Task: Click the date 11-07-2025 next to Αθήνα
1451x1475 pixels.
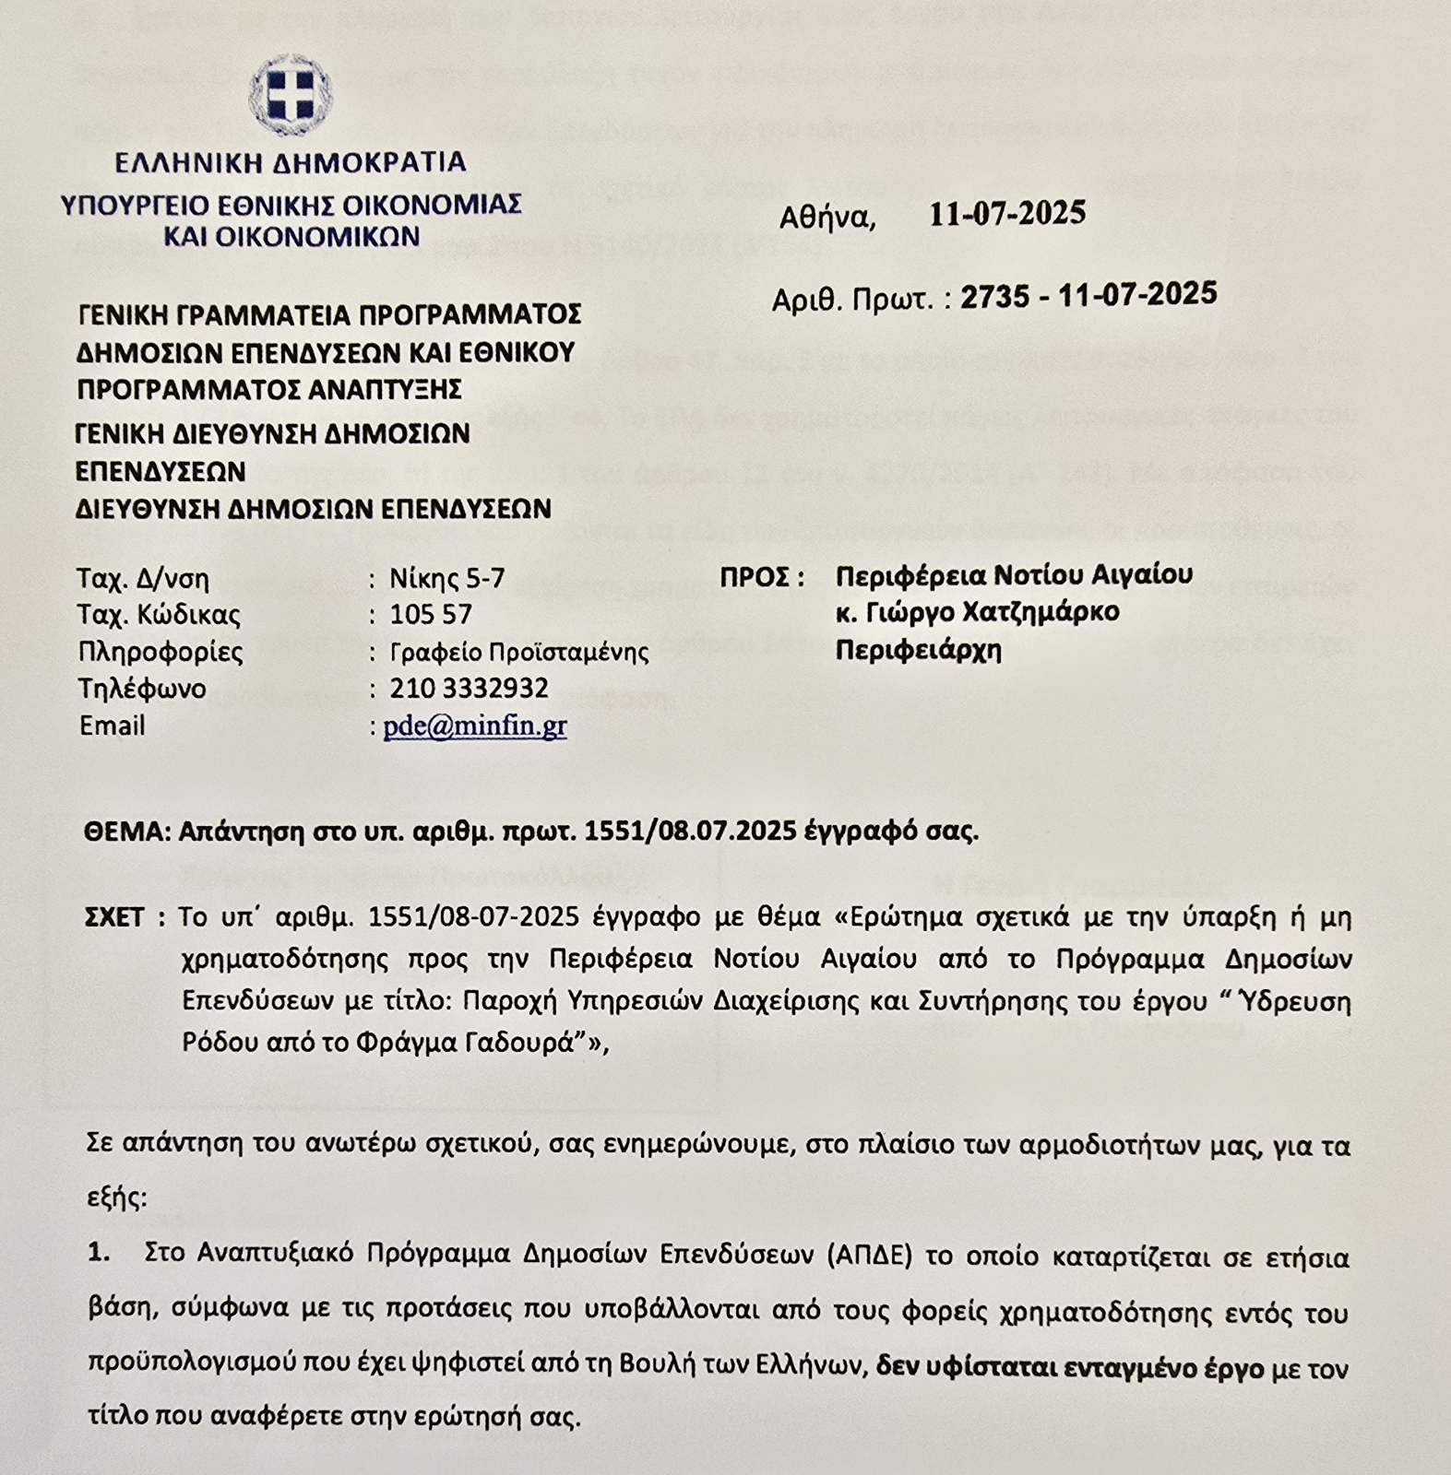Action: pyautogui.click(x=1007, y=214)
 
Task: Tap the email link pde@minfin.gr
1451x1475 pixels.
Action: pyautogui.click(x=475, y=726)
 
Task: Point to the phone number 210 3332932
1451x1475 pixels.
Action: pyautogui.click(x=469, y=689)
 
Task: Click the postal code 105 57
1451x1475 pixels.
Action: pyautogui.click(x=431, y=615)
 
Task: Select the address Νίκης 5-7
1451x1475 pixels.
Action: pyautogui.click(x=447, y=579)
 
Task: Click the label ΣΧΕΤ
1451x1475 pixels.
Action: pyautogui.click(x=115, y=918)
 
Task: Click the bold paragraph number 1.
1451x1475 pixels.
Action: pyautogui.click(x=99, y=1253)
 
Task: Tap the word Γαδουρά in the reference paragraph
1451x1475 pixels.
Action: pyautogui.click(x=526, y=1043)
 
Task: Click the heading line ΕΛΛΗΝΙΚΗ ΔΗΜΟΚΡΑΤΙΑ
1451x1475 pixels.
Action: pyautogui.click(x=291, y=163)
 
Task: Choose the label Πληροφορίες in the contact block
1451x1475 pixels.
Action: pyautogui.click(x=161, y=653)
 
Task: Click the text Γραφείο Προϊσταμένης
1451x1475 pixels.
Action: pyautogui.click(x=519, y=653)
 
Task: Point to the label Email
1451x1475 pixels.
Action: pyautogui.click(x=113, y=726)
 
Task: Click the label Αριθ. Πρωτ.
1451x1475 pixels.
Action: pyautogui.click(x=852, y=300)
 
